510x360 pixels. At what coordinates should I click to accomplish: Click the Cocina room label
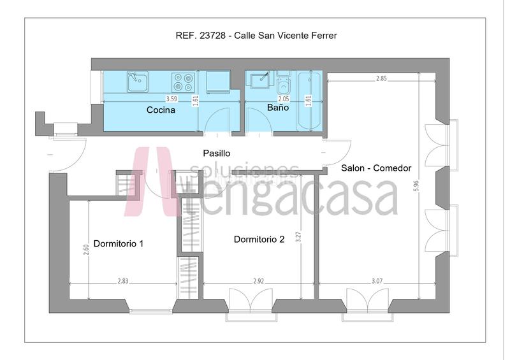click(x=161, y=110)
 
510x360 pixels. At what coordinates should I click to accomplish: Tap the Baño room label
click(x=277, y=108)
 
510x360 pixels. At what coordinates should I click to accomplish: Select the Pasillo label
click(x=216, y=154)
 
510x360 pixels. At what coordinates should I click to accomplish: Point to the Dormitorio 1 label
click(x=119, y=243)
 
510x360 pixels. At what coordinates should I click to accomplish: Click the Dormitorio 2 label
click(x=259, y=240)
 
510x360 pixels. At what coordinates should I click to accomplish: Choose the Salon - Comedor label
click(x=376, y=168)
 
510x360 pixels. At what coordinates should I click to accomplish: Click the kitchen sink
click(x=136, y=82)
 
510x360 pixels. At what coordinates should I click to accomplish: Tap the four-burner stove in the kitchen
click(x=184, y=82)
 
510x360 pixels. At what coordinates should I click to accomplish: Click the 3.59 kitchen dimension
click(x=171, y=99)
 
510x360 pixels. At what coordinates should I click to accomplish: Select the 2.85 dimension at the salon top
click(x=381, y=78)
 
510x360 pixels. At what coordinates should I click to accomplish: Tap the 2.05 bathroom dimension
click(x=284, y=99)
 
